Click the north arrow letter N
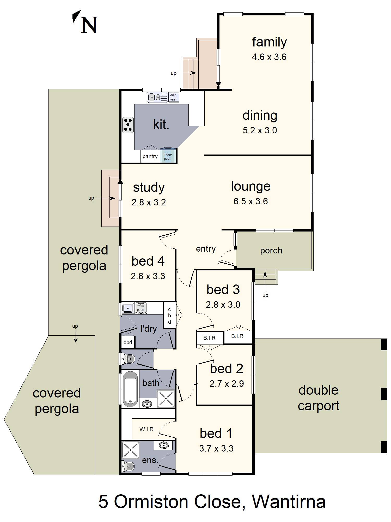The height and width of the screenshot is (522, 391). click(x=89, y=25)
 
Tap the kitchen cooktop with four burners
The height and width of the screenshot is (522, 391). click(x=128, y=125)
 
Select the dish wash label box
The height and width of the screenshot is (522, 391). click(x=174, y=97)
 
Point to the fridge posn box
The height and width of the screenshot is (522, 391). click(x=168, y=156)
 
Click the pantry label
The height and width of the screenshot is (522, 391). click(x=150, y=156)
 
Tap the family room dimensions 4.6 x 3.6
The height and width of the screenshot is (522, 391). click(x=269, y=57)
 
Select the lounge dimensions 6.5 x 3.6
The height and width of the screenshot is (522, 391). click(x=251, y=201)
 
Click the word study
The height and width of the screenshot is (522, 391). click(x=149, y=188)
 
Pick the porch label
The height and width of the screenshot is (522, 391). click(x=271, y=251)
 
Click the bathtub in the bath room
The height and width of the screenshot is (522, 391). click(x=130, y=389)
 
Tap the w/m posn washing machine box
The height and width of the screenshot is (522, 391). click(x=140, y=308)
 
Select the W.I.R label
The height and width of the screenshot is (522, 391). click(x=146, y=429)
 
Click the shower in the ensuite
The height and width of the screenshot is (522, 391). click(x=131, y=450)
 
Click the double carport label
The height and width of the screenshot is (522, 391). click(x=319, y=398)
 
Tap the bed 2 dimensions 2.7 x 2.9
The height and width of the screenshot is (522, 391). click(x=227, y=384)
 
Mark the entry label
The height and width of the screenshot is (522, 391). click(x=206, y=249)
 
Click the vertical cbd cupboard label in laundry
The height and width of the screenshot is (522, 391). click(x=169, y=316)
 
